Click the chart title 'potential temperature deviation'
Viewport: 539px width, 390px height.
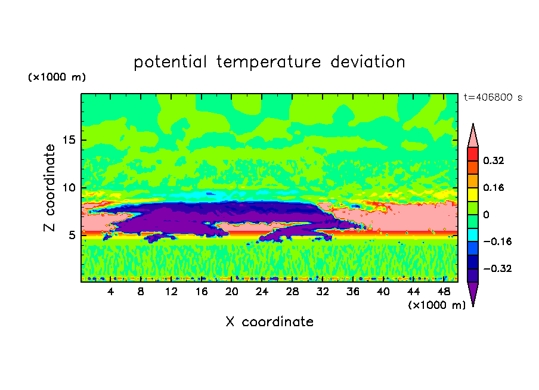click(269, 62)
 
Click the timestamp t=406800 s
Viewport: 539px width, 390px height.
click(493, 97)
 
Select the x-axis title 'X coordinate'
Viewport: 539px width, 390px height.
click(269, 321)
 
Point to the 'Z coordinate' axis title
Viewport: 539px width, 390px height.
click(49, 187)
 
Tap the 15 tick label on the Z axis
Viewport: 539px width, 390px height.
click(69, 140)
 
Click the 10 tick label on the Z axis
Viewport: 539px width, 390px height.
click(69, 188)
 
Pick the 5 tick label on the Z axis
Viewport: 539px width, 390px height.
click(72, 235)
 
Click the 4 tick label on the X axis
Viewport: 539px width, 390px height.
click(110, 292)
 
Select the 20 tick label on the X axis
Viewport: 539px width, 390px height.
click(232, 292)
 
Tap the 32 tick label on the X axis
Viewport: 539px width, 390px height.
click(323, 292)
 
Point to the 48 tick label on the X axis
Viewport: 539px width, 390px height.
click(444, 292)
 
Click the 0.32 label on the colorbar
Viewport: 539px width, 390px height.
click(494, 160)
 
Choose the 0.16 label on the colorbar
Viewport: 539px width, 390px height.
click(494, 187)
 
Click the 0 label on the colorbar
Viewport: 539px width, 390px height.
click(486, 215)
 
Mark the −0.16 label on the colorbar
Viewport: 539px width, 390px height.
click(497, 242)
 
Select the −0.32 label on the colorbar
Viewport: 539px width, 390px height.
click(497, 268)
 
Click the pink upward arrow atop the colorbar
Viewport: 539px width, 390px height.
click(473, 138)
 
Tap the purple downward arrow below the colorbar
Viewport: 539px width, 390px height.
click(473, 292)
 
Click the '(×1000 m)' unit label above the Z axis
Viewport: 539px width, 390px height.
click(57, 77)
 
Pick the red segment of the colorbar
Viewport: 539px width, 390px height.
click(473, 154)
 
